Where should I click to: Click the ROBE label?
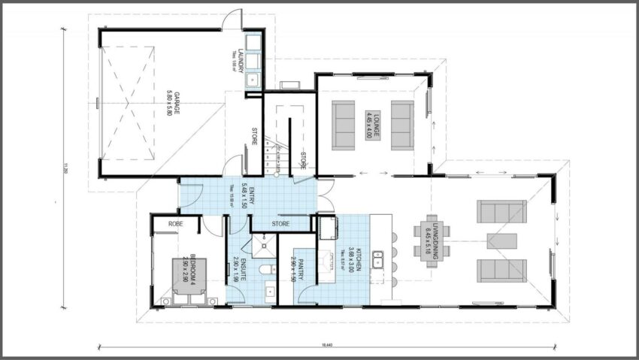coord(176,223)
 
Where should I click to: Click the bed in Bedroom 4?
coord(191,280)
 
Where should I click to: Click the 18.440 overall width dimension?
coord(326,343)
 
